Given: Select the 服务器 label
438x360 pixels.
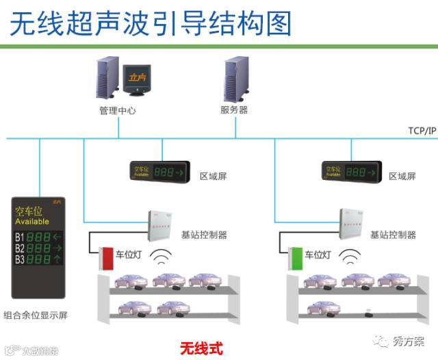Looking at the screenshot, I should click(234, 110).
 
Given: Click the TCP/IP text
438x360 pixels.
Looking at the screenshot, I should click(421, 130).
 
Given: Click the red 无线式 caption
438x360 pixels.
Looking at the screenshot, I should click(201, 347).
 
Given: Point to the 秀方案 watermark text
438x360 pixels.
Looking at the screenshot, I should click(409, 342).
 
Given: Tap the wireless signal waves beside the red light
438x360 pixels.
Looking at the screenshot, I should click(162, 258).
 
